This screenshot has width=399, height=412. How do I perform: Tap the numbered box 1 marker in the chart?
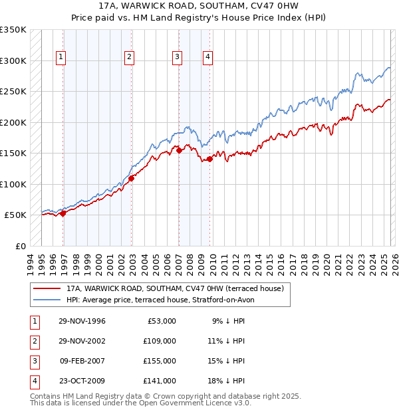[61, 57]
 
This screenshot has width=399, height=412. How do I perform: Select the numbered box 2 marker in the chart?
[128, 57]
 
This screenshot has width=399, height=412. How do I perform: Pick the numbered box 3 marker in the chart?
[178, 57]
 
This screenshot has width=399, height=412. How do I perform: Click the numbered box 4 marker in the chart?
[207, 57]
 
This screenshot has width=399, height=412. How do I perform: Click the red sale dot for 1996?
[63, 213]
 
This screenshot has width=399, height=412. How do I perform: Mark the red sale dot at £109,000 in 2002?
[132, 178]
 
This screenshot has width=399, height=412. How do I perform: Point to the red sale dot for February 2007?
[179, 151]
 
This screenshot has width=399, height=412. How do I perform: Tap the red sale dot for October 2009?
[209, 159]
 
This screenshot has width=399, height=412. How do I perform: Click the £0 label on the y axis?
[20, 246]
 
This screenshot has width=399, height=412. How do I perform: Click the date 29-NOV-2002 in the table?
[82, 340]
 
